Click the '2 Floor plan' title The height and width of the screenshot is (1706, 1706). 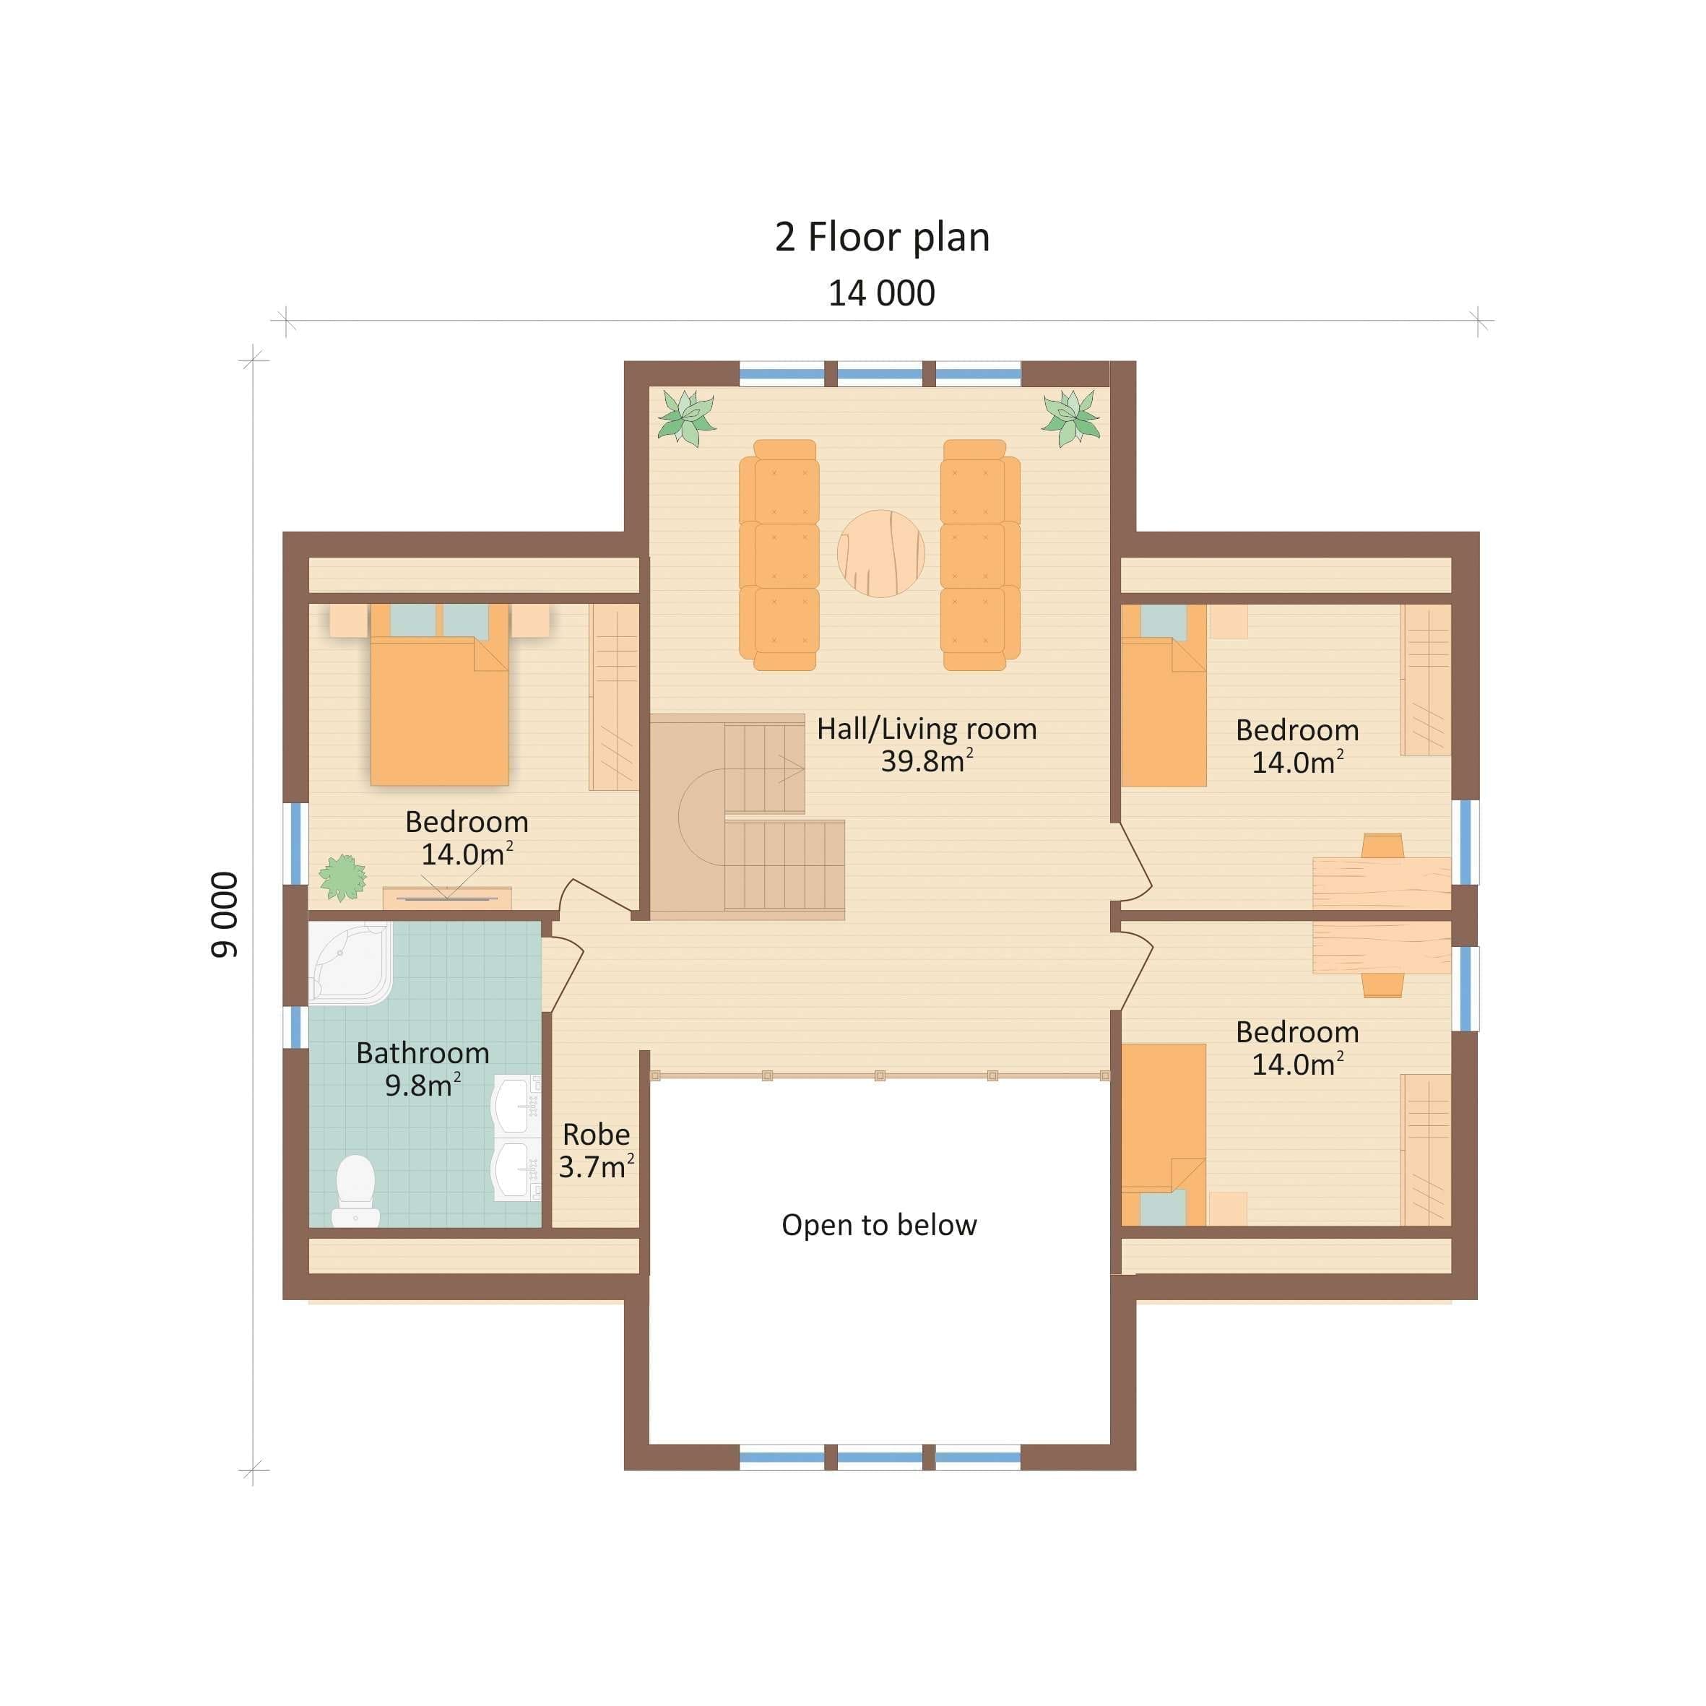(882, 238)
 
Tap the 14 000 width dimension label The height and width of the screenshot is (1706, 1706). (881, 293)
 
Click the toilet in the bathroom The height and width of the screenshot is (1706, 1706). (356, 1190)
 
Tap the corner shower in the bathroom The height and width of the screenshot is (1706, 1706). (350, 963)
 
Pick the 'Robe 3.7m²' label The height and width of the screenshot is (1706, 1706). (596, 1150)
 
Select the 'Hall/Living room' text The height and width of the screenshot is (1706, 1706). (926, 729)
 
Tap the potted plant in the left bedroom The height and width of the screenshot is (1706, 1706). (342, 877)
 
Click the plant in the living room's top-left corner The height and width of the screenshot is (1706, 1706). (686, 417)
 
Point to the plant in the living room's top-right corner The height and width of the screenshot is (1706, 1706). (1071, 417)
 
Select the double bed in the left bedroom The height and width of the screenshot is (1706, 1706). (440, 694)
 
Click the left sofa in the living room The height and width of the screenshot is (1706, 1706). (779, 555)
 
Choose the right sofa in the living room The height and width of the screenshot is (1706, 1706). (980, 555)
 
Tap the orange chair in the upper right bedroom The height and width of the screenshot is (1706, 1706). (1382, 845)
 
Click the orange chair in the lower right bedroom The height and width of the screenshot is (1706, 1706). (1382, 985)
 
